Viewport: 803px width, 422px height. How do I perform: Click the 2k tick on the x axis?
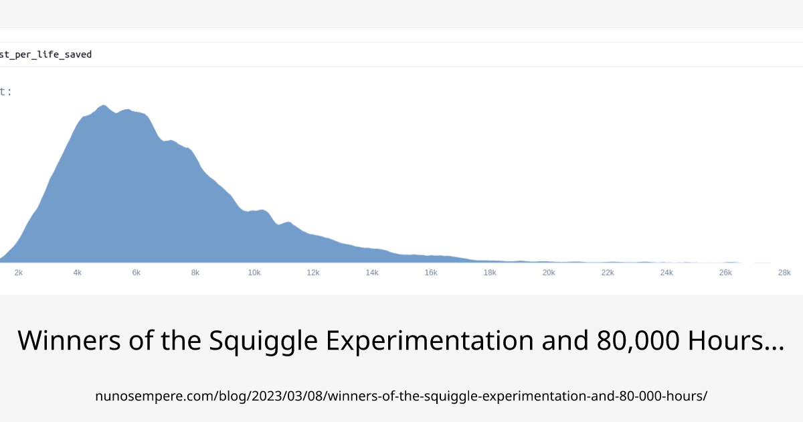tap(19, 273)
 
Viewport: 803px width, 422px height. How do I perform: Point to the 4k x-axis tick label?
tap(78, 273)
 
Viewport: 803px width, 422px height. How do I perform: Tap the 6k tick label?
tap(137, 273)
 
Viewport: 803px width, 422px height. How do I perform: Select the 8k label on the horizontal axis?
tap(195, 273)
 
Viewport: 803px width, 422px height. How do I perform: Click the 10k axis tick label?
tap(254, 273)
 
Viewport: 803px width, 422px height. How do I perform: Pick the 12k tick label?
tap(313, 273)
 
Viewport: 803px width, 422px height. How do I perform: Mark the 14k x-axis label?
tap(372, 273)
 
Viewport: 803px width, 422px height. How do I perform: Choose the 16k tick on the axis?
tap(431, 273)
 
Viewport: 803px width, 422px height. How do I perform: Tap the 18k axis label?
tap(490, 273)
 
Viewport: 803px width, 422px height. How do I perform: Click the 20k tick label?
tap(549, 273)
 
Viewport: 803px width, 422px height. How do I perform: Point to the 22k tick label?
tap(608, 273)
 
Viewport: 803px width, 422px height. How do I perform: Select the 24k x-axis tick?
tap(666, 273)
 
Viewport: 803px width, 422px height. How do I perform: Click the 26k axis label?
tap(725, 273)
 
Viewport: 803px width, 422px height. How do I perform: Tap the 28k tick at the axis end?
tap(784, 273)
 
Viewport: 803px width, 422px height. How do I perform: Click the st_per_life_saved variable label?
tap(46, 54)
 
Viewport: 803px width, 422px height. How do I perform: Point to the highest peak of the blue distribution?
tap(103, 106)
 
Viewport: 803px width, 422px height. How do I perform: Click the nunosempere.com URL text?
tap(401, 396)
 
